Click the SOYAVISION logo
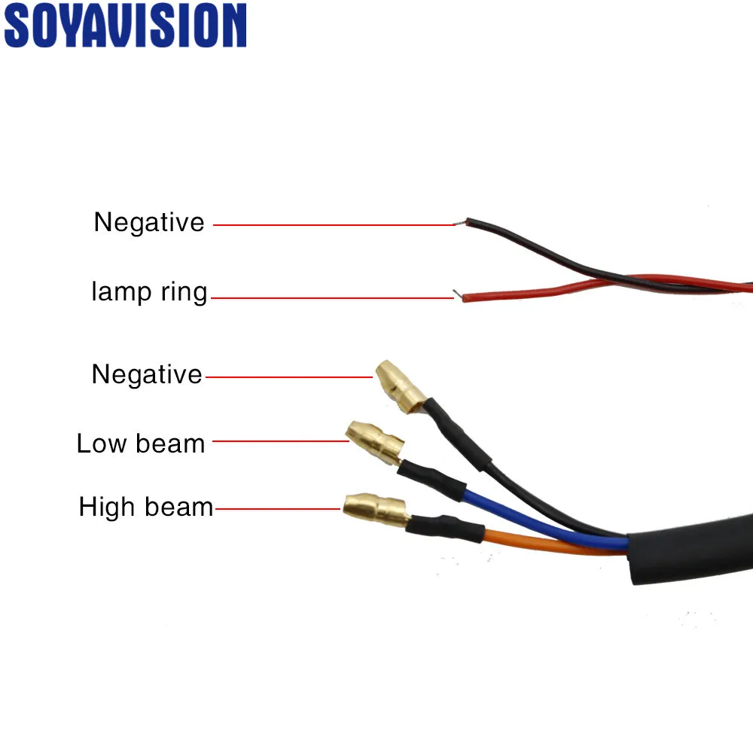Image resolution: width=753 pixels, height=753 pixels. coord(125,26)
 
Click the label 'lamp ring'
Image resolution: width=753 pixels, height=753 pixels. coord(149,292)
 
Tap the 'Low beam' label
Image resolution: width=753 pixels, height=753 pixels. coord(141,444)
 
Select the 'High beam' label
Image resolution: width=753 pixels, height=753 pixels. coord(146,507)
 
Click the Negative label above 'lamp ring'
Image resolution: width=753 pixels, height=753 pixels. coord(149,222)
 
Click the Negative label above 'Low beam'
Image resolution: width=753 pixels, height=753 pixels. coord(147,374)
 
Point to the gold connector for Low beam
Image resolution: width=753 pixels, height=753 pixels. coord(374,442)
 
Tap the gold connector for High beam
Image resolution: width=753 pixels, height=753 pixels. coord(376,510)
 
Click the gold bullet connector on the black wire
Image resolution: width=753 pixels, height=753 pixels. coord(400,387)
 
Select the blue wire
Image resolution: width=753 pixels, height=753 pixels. coord(545,521)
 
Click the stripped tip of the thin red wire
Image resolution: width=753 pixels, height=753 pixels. coord(458,294)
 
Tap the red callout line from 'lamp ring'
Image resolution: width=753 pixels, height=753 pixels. coord(332,297)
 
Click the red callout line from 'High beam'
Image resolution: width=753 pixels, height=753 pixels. coord(278,508)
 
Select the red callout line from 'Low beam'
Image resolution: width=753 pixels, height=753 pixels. coord(280,441)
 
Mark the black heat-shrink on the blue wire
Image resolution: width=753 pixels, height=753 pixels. coord(432,479)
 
